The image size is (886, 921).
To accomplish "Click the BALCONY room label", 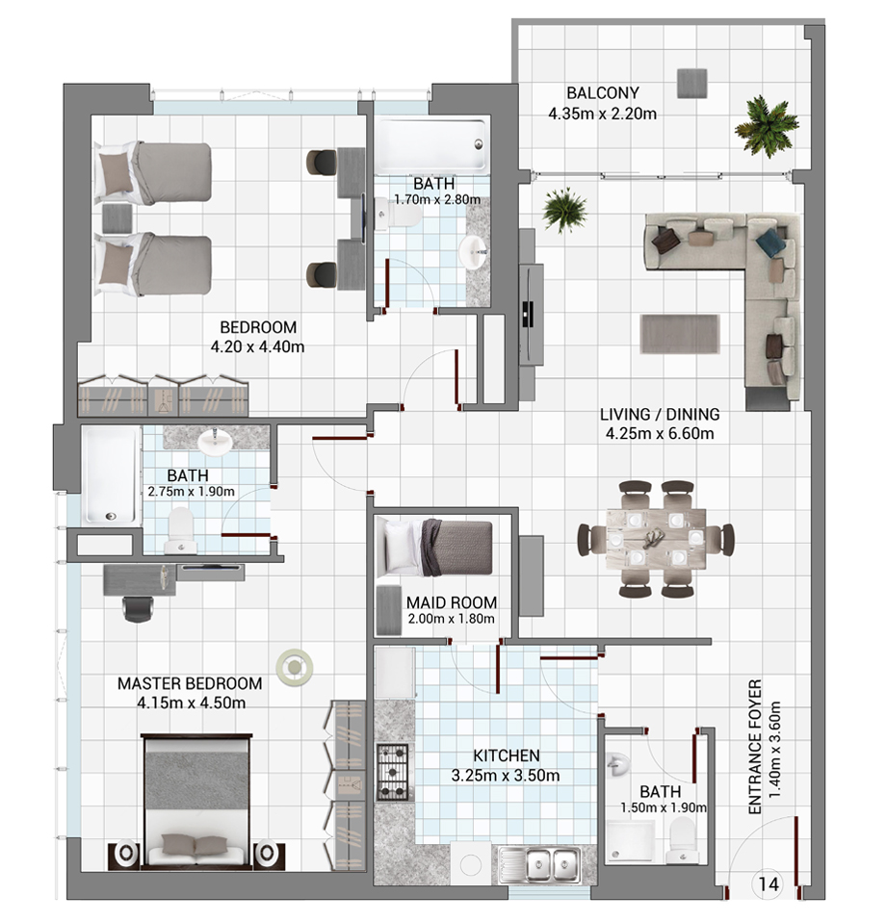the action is click(x=603, y=92).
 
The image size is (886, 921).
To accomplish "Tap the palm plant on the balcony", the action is click(x=766, y=126).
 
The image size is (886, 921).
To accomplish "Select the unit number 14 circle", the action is click(x=769, y=884).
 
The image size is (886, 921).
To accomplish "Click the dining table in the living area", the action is click(x=656, y=539).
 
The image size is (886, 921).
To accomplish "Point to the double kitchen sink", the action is click(x=538, y=865).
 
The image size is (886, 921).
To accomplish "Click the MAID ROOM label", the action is click(x=452, y=602).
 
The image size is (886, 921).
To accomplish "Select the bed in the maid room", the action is click(x=434, y=548).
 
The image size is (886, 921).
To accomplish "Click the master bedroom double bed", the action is click(x=198, y=801).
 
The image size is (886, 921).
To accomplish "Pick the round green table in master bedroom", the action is click(x=295, y=667).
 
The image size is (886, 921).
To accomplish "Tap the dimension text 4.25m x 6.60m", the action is click(x=660, y=433).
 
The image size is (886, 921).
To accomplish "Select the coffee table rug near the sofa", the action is click(x=680, y=334).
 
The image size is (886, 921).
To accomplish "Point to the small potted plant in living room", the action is click(x=564, y=210).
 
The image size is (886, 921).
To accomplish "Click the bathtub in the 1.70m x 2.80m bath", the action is click(x=433, y=146).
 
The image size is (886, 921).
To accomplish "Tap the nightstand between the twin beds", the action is click(x=117, y=218).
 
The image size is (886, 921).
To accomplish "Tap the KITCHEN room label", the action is click(x=507, y=755).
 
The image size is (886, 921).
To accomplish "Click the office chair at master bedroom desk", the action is click(x=138, y=608).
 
